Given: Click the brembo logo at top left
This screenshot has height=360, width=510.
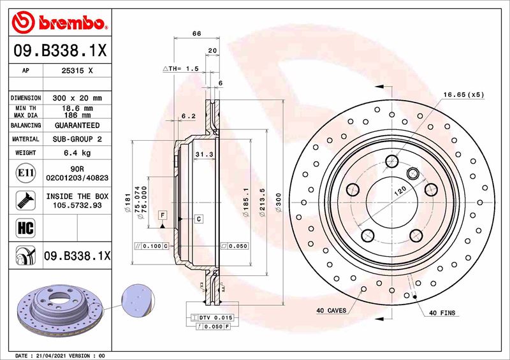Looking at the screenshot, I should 59,24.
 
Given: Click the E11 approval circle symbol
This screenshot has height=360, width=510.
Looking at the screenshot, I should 23,173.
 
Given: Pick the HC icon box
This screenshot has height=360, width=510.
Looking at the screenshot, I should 23,225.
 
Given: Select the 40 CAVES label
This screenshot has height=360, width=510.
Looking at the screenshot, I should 331,310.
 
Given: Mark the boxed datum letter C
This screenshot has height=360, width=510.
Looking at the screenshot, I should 199,219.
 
